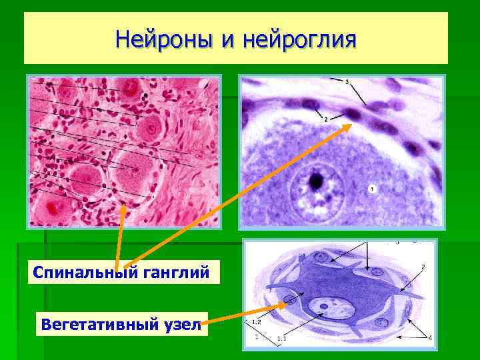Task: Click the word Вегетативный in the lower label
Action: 98,326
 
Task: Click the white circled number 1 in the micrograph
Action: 372,189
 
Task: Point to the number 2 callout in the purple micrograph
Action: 325,119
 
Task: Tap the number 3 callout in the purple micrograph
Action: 347,81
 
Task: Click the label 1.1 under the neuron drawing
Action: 281,339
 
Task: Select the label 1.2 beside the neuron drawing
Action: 255,323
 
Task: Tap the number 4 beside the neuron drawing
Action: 429,337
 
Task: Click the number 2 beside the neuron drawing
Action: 423,267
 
